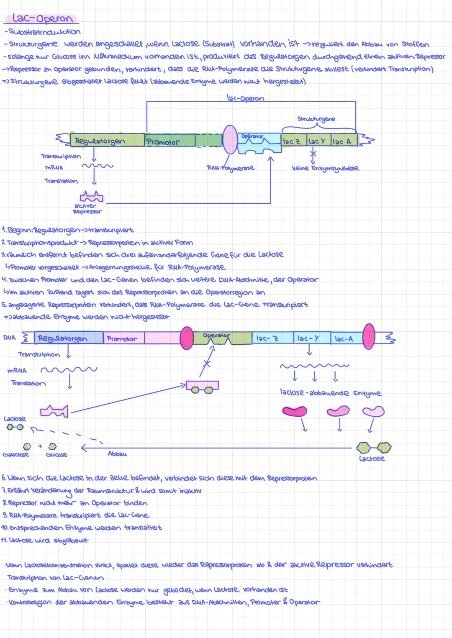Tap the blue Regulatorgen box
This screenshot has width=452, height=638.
(69, 338)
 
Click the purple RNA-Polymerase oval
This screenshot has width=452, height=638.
(229, 140)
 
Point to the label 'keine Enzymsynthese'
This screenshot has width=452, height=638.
(325, 168)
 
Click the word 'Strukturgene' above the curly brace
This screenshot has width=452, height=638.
(316, 119)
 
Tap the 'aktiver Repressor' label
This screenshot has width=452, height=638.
(87, 209)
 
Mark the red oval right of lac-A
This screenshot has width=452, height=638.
(369, 336)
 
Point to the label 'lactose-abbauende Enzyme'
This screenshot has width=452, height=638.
(330, 393)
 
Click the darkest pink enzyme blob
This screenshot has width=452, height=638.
(294, 412)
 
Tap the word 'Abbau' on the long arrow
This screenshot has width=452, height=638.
(117, 454)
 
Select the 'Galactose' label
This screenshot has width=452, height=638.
(15, 455)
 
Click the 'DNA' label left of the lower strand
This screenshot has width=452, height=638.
(9, 338)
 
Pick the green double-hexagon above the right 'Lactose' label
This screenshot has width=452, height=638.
(374, 448)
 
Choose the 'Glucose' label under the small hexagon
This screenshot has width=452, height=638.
(56, 455)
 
